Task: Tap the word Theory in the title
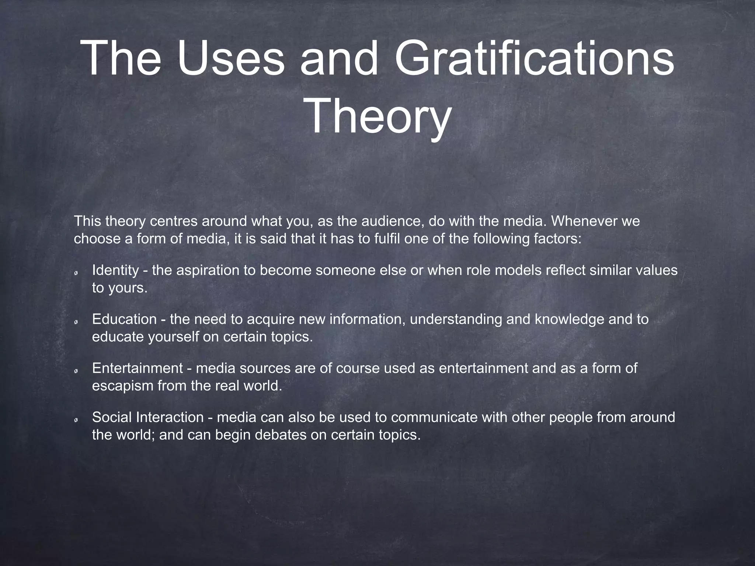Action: coord(378,115)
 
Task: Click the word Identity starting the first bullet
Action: coord(115,270)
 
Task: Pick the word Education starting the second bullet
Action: coord(124,319)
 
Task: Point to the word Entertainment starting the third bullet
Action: coord(137,368)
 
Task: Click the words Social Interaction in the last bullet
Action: coord(147,417)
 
